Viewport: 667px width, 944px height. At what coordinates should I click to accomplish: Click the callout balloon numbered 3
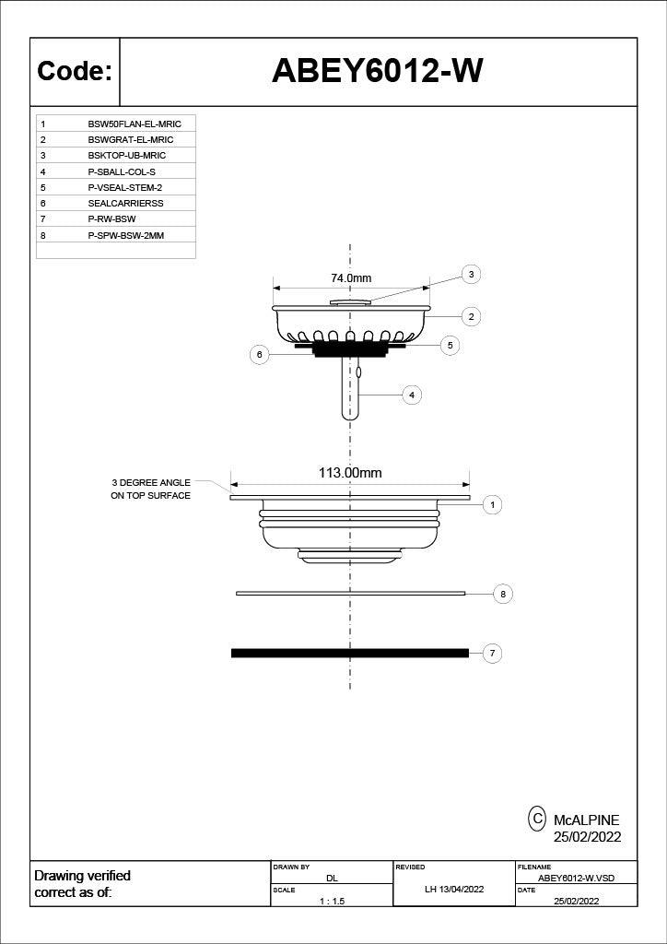[471, 275]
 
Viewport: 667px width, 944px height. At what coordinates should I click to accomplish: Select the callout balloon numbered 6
[259, 355]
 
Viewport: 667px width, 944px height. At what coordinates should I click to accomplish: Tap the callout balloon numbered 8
[503, 595]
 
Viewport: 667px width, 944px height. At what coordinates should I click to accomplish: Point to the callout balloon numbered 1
[493, 505]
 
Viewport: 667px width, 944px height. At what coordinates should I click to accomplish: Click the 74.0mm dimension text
[351, 278]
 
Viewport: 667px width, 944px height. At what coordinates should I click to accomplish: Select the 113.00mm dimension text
[350, 473]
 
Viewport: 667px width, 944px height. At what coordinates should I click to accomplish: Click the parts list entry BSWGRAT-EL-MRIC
[131, 140]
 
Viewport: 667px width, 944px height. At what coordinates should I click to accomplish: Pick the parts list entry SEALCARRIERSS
[125, 204]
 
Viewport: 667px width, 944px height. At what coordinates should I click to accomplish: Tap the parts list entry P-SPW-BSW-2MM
[126, 235]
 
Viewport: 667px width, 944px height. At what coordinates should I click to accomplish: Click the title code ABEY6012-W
[378, 72]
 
